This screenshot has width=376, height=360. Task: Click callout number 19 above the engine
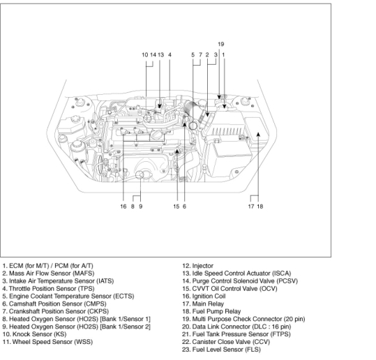pyautogui.click(x=221, y=44)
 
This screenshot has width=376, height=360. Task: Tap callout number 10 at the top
pyautogui.click(x=145, y=55)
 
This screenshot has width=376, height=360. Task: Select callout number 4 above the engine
pyautogui.click(x=170, y=55)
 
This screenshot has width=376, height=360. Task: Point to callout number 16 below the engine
pyautogui.click(x=123, y=207)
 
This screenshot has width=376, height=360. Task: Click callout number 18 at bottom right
pyautogui.click(x=260, y=207)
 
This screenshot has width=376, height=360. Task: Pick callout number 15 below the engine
pyautogui.click(x=176, y=207)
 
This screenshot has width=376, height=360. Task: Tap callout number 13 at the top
pyautogui.click(x=160, y=55)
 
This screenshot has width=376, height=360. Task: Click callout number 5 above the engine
pyautogui.click(x=193, y=55)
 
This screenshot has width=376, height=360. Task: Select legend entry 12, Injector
pyautogui.click(x=197, y=266)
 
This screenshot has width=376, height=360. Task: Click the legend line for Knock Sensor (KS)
pyautogui.click(x=34, y=334)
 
